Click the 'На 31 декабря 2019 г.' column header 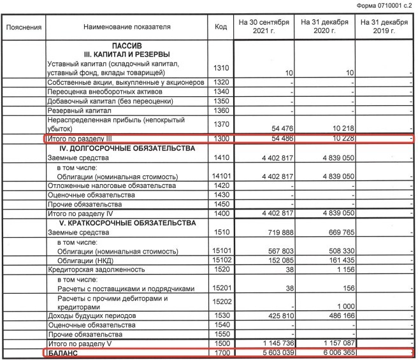click(384, 27)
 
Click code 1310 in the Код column click(221, 68)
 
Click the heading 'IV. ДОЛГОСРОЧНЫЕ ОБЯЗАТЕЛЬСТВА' click(126, 148)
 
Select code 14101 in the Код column click(221, 176)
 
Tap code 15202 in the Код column click(221, 301)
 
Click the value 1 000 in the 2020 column click(344, 306)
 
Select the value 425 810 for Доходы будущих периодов click(277, 315)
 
